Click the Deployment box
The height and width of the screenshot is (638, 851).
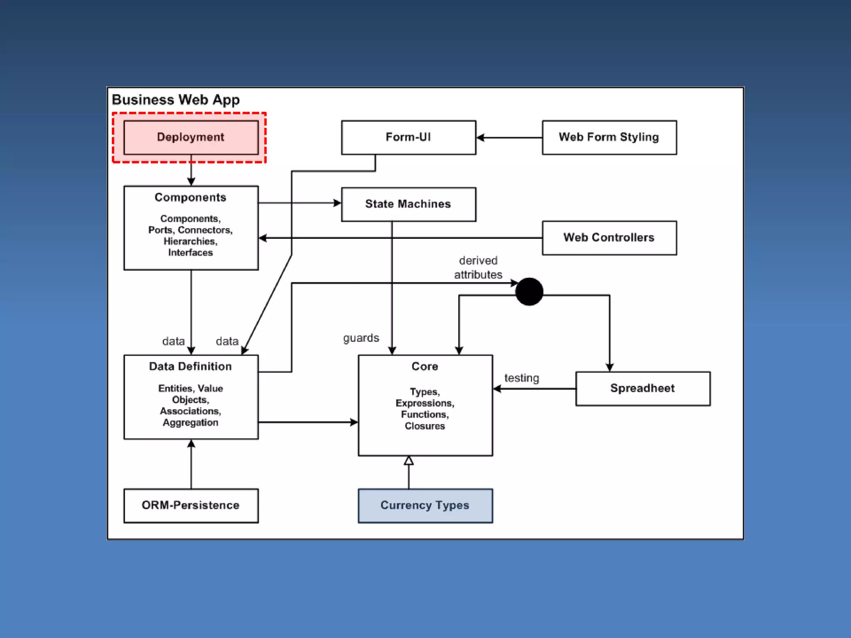point(191,137)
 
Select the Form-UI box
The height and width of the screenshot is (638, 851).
point(408,137)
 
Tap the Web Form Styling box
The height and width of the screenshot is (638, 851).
point(609,137)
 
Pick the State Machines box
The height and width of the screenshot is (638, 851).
point(408,204)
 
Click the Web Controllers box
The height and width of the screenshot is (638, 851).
point(609,238)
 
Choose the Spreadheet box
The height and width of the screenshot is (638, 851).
point(643,388)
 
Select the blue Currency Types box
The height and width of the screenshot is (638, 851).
point(425,505)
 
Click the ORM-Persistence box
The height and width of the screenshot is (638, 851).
point(191,505)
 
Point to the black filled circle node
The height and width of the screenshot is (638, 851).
point(529,292)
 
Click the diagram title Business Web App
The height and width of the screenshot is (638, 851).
point(176,100)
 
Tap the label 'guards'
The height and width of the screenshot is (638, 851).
point(361,338)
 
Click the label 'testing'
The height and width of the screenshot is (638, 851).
point(521,378)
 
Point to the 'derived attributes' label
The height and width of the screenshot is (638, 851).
point(478,267)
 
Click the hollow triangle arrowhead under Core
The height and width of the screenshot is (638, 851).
point(409,460)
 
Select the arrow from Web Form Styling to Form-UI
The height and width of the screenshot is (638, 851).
point(509,137)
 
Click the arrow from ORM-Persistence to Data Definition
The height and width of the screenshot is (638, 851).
point(191,464)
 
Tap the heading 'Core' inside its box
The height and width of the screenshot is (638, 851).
point(425,366)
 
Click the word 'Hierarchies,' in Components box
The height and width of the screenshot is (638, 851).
point(190,241)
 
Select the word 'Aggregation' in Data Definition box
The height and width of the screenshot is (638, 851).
point(190,422)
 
